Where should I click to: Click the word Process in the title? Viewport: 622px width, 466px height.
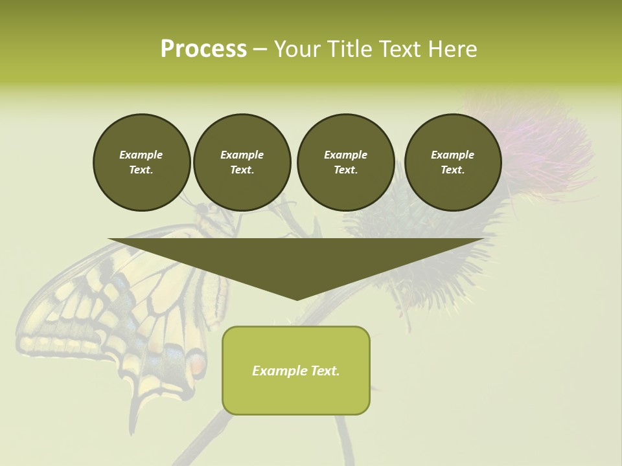pyautogui.click(x=203, y=49)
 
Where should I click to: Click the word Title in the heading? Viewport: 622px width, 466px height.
pyautogui.click(x=348, y=49)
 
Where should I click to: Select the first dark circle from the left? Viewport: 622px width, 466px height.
pyautogui.click(x=141, y=162)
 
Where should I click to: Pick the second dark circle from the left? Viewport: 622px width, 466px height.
pyautogui.click(x=242, y=162)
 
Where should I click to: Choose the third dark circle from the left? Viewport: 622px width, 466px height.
pyautogui.click(x=345, y=162)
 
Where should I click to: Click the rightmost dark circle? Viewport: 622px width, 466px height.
pyautogui.click(x=452, y=162)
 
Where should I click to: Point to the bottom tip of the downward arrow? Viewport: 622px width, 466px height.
pyautogui.click(x=297, y=299)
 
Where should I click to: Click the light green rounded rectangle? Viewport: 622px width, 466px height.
pyautogui.click(x=296, y=395)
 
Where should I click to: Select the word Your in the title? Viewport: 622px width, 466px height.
pyautogui.click(x=297, y=49)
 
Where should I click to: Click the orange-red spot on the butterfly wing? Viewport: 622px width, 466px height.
pyautogui.click(x=198, y=366)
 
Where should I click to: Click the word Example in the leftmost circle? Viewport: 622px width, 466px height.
pyautogui.click(x=141, y=155)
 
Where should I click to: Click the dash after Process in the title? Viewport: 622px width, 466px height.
pyautogui.click(x=260, y=49)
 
